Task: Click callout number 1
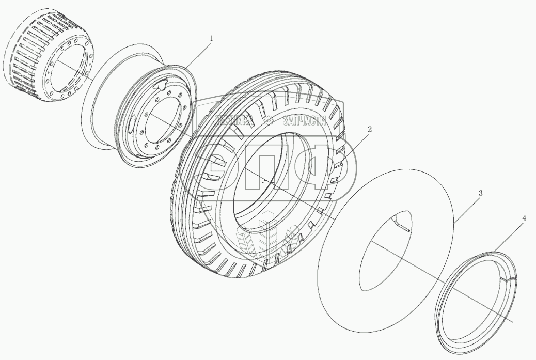pyautogui.click(x=211, y=39)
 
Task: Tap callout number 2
pyautogui.click(x=370, y=129)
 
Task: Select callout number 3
pyautogui.click(x=480, y=193)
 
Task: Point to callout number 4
pyautogui.click(x=524, y=218)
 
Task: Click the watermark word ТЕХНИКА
pyautogui.click(x=234, y=120)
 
